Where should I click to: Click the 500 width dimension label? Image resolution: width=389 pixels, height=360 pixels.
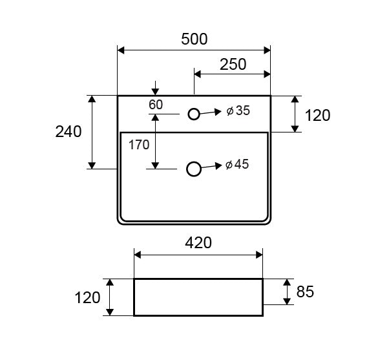194,39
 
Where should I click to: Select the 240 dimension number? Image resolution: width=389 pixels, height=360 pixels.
68,132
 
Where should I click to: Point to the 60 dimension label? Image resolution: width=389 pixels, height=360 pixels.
156,105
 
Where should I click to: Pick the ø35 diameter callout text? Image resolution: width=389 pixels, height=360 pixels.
238,111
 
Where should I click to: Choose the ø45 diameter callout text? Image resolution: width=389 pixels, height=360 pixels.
238,165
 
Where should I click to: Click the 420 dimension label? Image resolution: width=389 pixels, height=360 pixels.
198,243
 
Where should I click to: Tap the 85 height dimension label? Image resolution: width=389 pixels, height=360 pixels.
305,292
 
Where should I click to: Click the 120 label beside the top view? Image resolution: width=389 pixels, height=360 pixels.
317,116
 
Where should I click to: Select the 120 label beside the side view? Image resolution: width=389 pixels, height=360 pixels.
88,298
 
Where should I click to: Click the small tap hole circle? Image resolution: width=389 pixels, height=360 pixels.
194,114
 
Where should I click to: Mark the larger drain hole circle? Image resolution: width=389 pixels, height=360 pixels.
193,169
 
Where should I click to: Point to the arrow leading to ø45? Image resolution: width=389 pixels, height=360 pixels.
211,167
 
